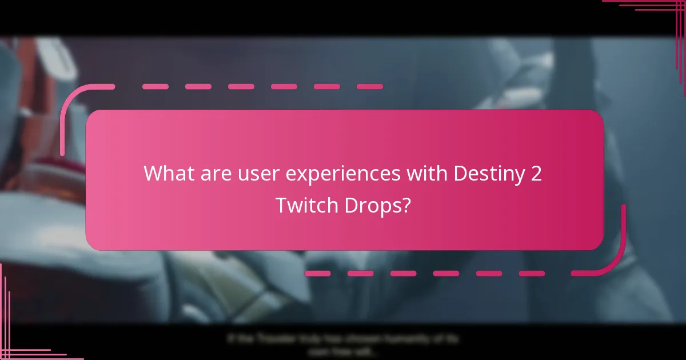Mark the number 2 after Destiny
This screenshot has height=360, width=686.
pyautogui.click(x=536, y=173)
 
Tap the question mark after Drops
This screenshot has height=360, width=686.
pyautogui.click(x=405, y=205)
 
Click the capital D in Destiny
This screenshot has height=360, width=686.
pyautogui.click(x=460, y=173)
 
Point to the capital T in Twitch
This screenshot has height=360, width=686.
pyautogui.click(x=281, y=205)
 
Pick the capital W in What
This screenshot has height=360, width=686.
pyautogui.click(x=152, y=173)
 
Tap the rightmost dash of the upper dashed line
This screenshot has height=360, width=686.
pyautogui.click(x=369, y=87)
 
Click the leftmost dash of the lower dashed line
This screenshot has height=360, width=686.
pyautogui.click(x=317, y=273)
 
